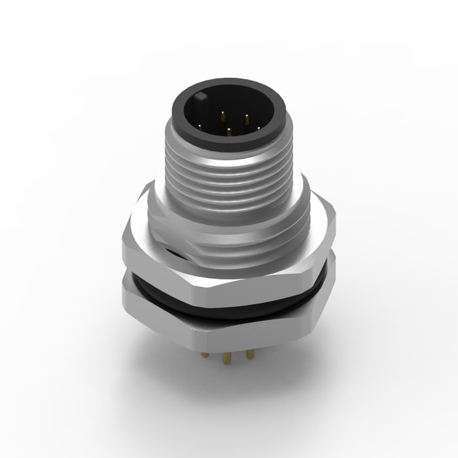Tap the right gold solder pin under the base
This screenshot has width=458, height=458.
[x=250, y=354]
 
